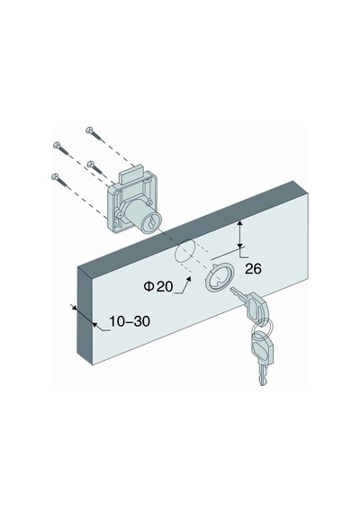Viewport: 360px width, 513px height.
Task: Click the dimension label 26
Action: pyautogui.click(x=253, y=269)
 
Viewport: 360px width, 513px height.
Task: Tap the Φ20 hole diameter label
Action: pyautogui.click(x=158, y=286)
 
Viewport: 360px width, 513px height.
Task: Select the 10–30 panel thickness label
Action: pyautogui.click(x=130, y=321)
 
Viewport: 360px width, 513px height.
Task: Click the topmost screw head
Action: pyautogui.click(x=89, y=130)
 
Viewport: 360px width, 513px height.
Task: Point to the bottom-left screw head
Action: pyautogui.click(x=55, y=176)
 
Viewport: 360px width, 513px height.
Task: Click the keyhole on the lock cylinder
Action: pyautogui.click(x=151, y=224)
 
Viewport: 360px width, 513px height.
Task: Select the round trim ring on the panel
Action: pyautogui.click(x=217, y=277)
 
